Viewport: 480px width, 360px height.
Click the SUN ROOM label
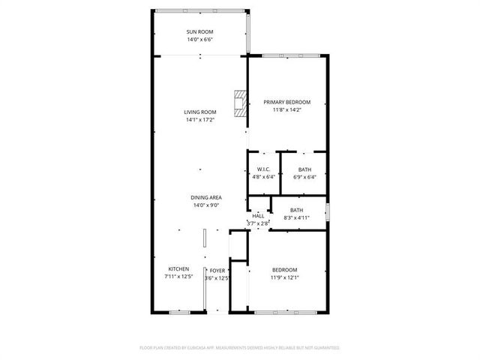(x=200, y=31)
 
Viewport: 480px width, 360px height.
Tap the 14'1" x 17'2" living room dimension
(x=200, y=120)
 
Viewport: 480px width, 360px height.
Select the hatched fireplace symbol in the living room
(x=240, y=103)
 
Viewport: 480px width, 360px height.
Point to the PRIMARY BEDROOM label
(x=286, y=102)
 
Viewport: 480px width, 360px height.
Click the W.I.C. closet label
(x=263, y=169)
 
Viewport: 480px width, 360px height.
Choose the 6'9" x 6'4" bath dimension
(x=304, y=177)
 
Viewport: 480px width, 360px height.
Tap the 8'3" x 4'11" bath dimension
(x=297, y=218)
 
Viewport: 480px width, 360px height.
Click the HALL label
(x=258, y=216)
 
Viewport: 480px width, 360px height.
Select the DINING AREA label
(x=206, y=198)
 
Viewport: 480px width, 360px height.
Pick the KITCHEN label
(x=178, y=269)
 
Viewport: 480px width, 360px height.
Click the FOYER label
(x=217, y=271)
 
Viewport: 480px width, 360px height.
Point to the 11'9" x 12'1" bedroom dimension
(x=285, y=278)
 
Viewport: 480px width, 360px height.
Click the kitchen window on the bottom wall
(x=180, y=313)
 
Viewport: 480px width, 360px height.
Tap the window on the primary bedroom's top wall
(x=291, y=55)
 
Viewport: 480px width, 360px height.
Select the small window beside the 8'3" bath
(x=327, y=211)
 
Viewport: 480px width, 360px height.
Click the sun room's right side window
(x=248, y=33)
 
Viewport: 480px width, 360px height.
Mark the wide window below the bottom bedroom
(x=286, y=313)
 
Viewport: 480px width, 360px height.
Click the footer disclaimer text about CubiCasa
(x=240, y=348)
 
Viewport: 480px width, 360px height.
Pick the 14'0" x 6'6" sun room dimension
(x=200, y=40)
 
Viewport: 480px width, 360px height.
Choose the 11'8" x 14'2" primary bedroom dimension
(x=287, y=110)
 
